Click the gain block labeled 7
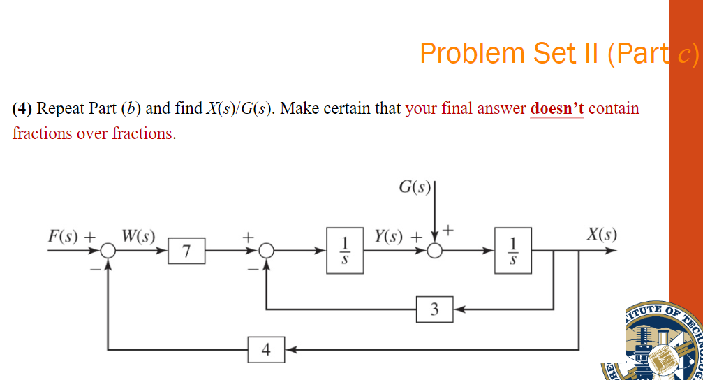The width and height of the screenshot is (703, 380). pyautogui.click(x=185, y=251)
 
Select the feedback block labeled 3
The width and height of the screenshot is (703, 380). pyautogui.click(x=434, y=309)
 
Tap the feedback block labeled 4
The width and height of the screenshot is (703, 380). pyautogui.click(x=265, y=348)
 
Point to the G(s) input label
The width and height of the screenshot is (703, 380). pyautogui.click(x=415, y=187)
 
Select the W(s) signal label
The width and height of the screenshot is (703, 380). pyautogui.click(x=138, y=234)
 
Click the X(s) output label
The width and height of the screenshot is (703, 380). pyautogui.click(x=601, y=234)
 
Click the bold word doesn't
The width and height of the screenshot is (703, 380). pyautogui.click(x=557, y=109)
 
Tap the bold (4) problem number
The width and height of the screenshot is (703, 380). pyautogui.click(x=22, y=109)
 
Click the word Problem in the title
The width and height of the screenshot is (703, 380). pyautogui.click(x=472, y=53)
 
